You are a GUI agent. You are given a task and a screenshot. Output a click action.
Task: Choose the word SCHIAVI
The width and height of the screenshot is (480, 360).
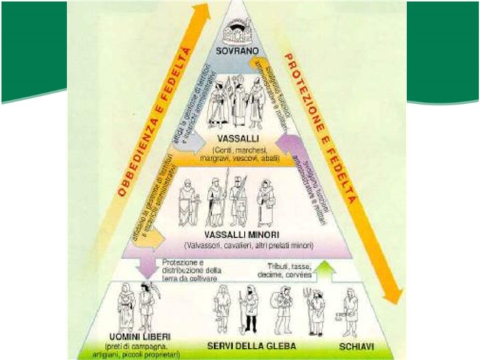pyautogui.click(x=355, y=346)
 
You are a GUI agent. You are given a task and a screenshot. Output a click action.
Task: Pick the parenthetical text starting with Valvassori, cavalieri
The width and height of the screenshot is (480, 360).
pyautogui.click(x=240, y=246)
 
